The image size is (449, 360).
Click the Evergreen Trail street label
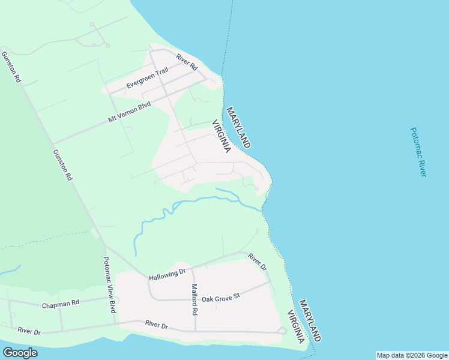coord(147,79)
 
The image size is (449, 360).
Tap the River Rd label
coord(187,62)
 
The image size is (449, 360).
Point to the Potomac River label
coord(418,152)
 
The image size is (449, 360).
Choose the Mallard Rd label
coord(194,299)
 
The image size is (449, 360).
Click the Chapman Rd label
coord(61,305)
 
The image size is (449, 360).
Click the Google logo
coord(20,353)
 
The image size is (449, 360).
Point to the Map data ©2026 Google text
coord(412,355)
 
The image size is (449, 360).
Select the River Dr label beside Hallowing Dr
coord(258,261)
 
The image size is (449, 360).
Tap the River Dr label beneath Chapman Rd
coord(29,331)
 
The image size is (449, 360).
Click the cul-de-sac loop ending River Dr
coord(282,331)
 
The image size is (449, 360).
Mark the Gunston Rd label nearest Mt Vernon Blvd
coord(62,165)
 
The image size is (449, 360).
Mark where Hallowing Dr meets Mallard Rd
coord(192,268)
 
